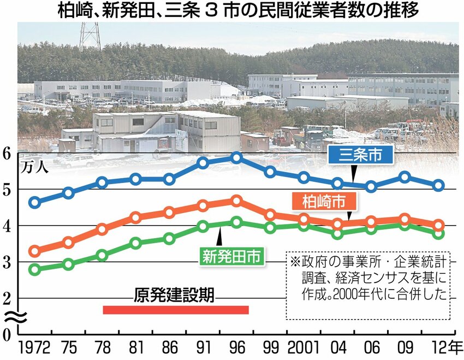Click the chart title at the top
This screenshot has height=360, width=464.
[x=231, y=10]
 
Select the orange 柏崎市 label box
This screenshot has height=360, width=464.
[x=324, y=202]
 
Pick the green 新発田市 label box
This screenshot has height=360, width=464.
[x=231, y=255]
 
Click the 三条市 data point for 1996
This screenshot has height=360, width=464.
[x=236, y=158]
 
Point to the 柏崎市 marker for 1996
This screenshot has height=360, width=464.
[x=236, y=201]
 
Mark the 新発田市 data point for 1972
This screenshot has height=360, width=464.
[x=35, y=269]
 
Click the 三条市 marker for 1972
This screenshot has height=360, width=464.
[x=35, y=202]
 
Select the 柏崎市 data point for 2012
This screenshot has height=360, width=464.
[x=438, y=225]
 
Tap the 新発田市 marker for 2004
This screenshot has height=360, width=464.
[x=338, y=234]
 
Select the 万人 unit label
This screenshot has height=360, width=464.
[x=34, y=167]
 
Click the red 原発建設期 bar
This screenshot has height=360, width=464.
[x=175, y=310]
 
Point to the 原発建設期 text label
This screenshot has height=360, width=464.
[x=174, y=297]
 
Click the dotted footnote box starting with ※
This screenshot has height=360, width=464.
[x=367, y=285]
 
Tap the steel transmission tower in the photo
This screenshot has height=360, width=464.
[x=90, y=35]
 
